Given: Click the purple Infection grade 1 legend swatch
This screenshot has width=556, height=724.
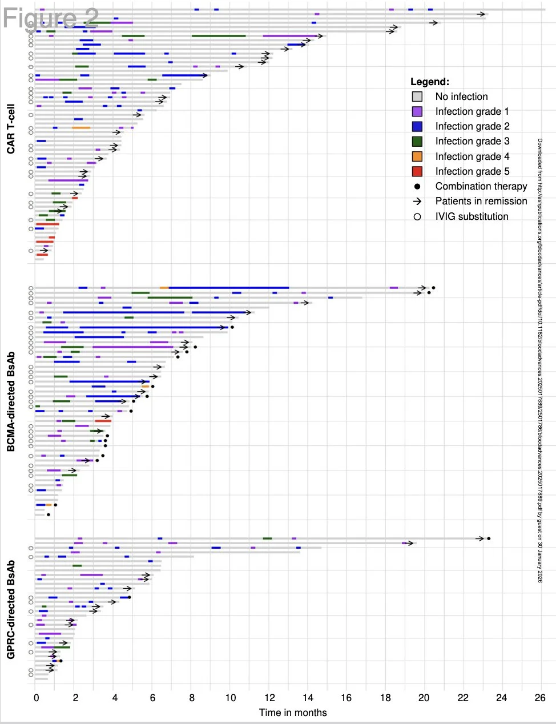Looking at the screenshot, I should [417, 111].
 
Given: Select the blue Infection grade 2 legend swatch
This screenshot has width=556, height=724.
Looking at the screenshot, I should [417, 126].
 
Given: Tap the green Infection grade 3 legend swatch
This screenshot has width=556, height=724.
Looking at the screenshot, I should [417, 141].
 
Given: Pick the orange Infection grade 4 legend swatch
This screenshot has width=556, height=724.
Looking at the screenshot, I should [417, 156].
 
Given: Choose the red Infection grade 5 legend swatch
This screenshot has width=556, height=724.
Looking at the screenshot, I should [417, 171].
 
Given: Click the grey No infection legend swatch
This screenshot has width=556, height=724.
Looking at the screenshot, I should [417, 96].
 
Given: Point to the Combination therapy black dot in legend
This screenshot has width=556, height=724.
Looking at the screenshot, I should [417, 186].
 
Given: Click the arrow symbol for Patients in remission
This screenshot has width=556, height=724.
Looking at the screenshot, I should [417, 201].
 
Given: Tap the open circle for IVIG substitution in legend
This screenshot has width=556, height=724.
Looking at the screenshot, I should [417, 216].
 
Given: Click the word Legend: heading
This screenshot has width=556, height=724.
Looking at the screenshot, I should [430, 82].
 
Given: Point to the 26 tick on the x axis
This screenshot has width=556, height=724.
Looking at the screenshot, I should [540, 697].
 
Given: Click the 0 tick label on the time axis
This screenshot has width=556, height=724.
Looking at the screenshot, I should [37, 697].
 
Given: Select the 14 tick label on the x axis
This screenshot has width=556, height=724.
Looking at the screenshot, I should [308, 697].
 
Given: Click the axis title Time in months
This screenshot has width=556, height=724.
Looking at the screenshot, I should [293, 713].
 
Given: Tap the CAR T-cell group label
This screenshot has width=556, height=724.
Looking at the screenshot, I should [11, 128].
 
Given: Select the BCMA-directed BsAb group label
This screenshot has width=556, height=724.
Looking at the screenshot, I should [11, 401].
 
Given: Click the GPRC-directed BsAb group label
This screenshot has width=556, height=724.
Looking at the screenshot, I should [11, 609].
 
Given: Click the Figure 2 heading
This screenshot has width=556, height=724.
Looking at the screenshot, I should [51, 18].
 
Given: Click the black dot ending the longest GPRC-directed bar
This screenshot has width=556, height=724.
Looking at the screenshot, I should [489, 538].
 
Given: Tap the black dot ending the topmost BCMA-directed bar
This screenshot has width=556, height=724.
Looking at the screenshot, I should [433, 288].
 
